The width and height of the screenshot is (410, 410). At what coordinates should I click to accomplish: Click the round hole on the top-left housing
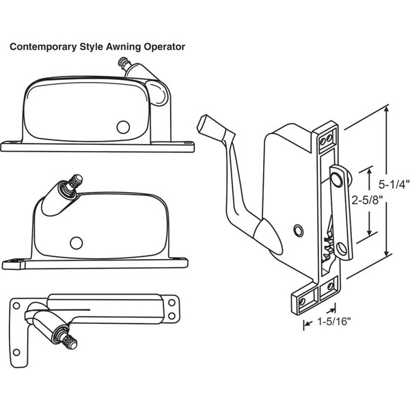tap(123, 127)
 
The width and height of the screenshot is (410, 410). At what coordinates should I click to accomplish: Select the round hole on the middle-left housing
tap(77, 243)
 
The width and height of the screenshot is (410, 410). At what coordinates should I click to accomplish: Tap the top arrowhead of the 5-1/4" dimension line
tap(386, 108)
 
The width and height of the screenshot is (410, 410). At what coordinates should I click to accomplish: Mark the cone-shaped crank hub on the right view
tap(269, 236)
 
